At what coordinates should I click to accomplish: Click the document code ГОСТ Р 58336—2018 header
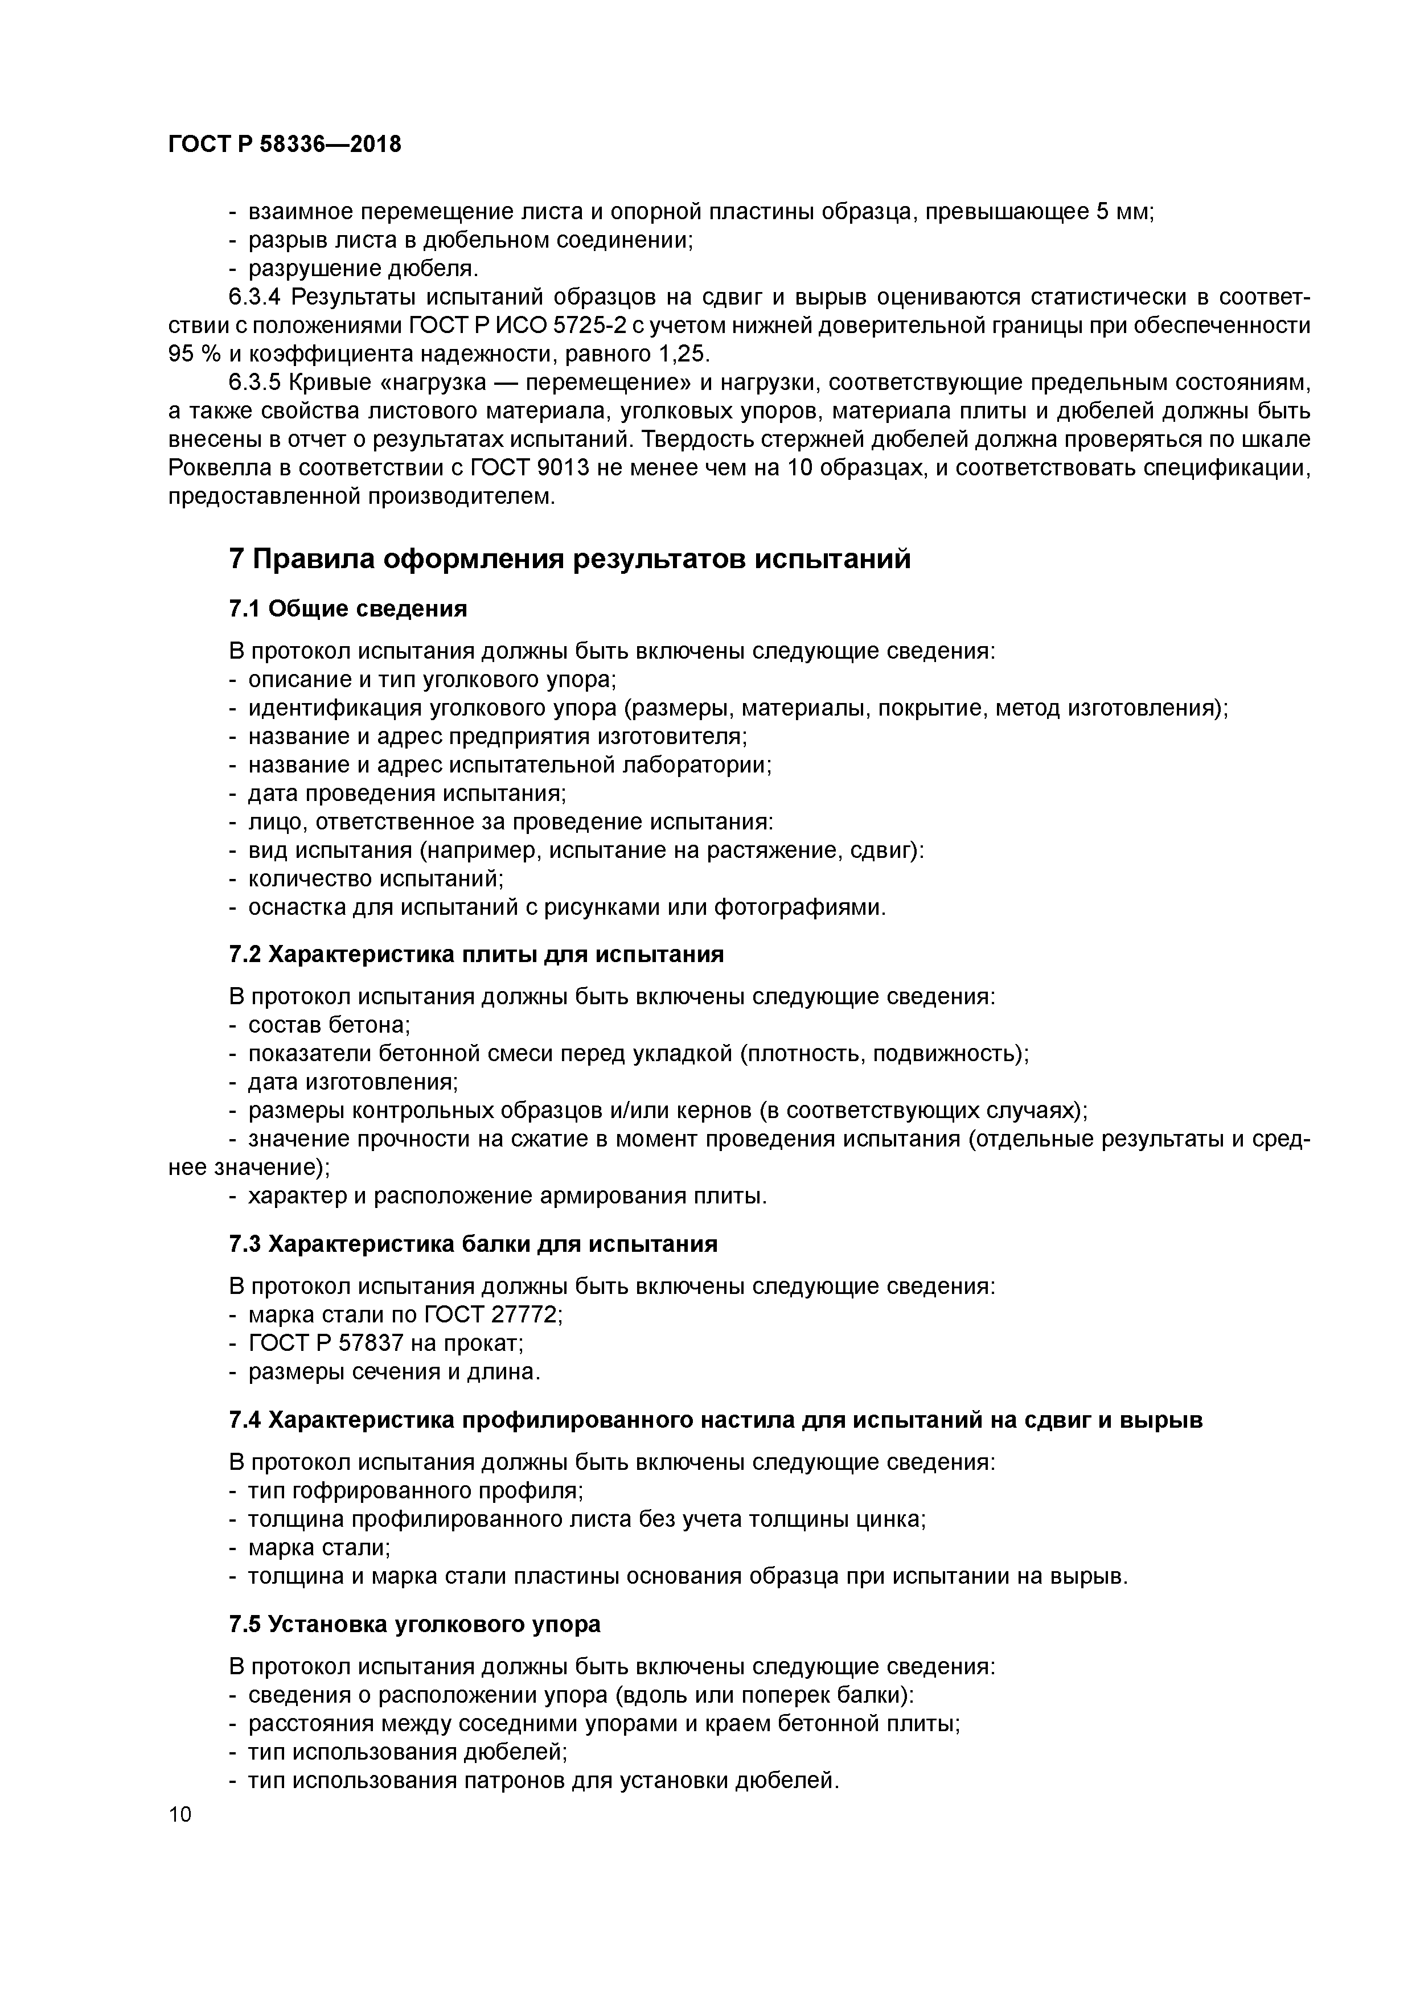pyautogui.click(x=285, y=145)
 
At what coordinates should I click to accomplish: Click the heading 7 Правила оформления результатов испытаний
pyautogui.click(x=570, y=558)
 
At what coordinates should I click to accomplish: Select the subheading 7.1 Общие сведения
pyautogui.click(x=348, y=609)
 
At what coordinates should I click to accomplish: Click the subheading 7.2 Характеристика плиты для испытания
pyautogui.click(x=476, y=954)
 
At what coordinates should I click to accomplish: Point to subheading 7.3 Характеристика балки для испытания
pyautogui.click(x=473, y=1244)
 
